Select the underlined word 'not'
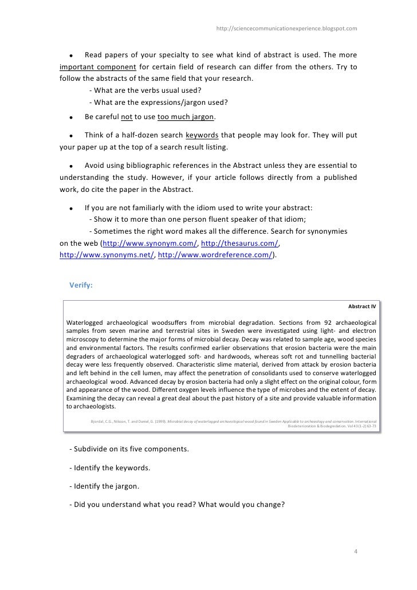click(127, 117)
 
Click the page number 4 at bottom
click(356, 552)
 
